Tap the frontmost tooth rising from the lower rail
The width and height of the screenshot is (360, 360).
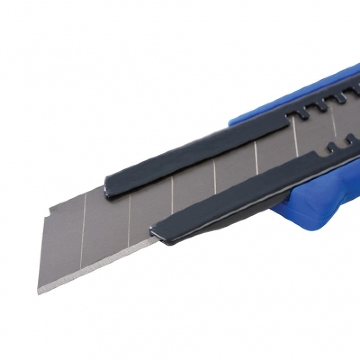331,146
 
